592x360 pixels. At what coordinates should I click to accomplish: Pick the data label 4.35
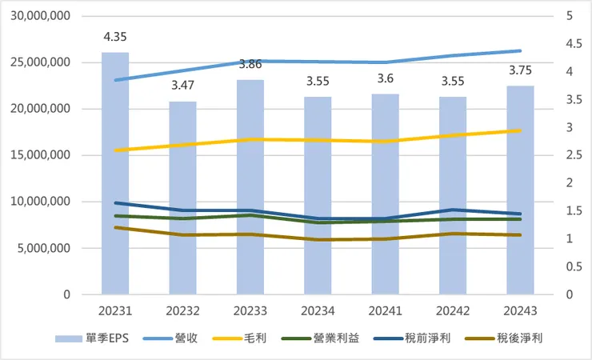(x=115, y=37)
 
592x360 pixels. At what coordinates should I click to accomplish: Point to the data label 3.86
(x=250, y=62)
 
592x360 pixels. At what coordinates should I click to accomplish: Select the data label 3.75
(x=521, y=69)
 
